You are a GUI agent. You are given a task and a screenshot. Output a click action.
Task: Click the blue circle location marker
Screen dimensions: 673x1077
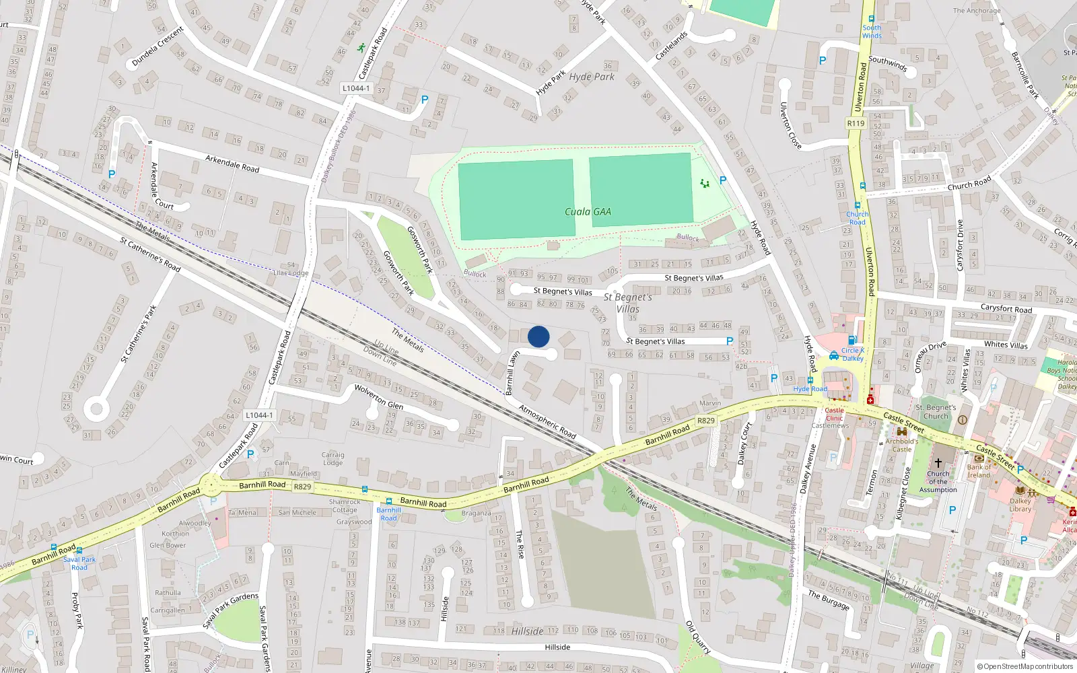point(538,336)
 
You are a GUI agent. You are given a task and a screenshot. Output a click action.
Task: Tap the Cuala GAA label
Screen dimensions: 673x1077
point(588,212)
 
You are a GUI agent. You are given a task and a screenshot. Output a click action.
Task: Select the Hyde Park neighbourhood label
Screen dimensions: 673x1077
point(592,77)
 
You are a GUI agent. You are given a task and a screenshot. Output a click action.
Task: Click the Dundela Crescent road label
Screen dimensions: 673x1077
point(158,46)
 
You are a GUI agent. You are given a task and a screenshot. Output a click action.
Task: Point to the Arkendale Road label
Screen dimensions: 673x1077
point(232,163)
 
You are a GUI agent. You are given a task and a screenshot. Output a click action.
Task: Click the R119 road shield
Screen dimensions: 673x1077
point(856,123)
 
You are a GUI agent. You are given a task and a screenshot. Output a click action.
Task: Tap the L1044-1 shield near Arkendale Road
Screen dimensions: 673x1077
point(355,88)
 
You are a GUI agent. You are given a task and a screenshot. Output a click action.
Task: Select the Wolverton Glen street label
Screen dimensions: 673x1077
point(379,397)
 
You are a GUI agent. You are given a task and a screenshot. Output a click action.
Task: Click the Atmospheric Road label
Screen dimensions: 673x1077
point(547,422)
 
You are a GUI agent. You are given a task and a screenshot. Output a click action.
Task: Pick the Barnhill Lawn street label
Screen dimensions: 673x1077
point(512,372)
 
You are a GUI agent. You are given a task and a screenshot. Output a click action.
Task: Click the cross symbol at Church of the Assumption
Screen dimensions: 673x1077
point(938,463)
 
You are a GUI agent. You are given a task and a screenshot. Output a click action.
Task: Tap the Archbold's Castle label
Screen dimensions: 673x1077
point(901,446)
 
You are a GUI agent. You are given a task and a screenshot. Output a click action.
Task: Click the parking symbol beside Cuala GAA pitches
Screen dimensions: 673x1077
point(723,180)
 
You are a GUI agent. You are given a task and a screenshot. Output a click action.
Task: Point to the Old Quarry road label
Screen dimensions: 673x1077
point(698,637)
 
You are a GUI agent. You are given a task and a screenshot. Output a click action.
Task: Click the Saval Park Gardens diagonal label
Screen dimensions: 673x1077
point(231,610)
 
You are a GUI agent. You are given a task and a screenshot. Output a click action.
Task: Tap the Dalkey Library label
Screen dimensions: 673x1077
point(1020,505)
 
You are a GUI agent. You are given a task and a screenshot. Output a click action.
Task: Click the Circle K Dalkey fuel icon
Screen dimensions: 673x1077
point(852,341)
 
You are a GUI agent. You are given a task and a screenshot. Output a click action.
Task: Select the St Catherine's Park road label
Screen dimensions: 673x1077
point(138,334)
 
